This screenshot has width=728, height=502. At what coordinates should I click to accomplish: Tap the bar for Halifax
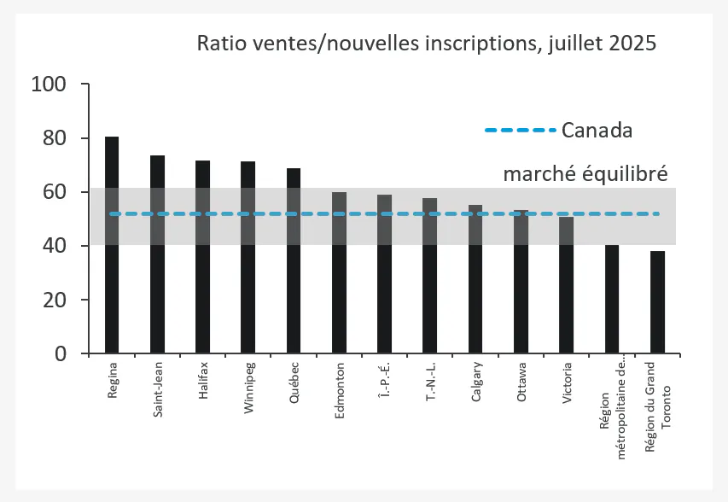pos(202,257)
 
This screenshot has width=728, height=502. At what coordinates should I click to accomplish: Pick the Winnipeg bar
pos(248,257)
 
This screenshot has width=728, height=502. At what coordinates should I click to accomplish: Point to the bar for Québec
pos(294,260)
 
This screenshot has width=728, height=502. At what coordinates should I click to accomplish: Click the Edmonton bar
pos(339,272)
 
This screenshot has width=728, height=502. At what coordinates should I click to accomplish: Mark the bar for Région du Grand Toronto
pos(657,302)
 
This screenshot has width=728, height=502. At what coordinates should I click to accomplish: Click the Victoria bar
pos(567,285)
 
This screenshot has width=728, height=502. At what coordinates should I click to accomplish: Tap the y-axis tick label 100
pos(48,85)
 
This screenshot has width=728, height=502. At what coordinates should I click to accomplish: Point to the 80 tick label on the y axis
pos(54,138)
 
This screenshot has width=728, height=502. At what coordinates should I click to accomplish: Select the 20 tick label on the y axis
pos(54,300)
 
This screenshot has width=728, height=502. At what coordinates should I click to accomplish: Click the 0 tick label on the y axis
pos(60,353)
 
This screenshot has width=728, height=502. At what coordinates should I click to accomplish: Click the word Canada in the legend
pos(597,131)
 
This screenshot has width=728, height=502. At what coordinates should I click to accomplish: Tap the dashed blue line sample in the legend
pos(520,131)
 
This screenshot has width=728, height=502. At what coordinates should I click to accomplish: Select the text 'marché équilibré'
pos(585,173)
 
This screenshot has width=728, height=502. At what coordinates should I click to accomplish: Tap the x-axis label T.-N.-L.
pos(430,381)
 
